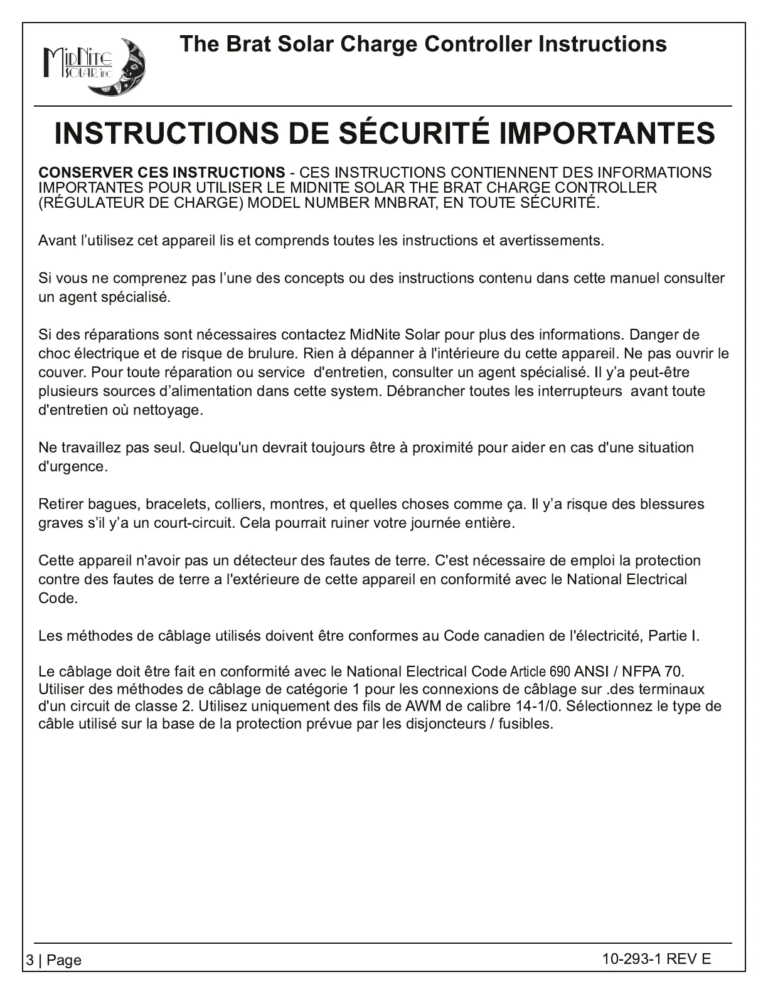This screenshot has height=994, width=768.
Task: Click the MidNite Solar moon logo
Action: (94, 68)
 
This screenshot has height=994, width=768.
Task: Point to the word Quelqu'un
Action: (219, 447)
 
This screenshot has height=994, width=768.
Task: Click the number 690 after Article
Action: (560, 671)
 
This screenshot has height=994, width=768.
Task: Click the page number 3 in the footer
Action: (30, 960)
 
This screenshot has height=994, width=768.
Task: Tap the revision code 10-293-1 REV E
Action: (656, 959)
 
